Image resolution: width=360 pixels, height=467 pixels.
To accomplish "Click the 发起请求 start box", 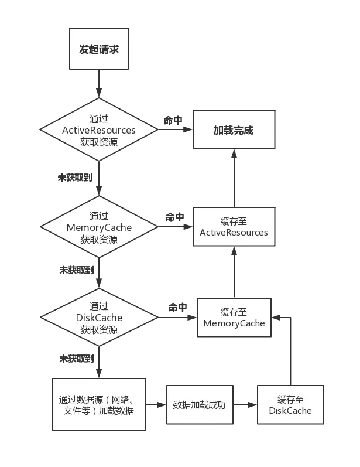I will (x=99, y=49).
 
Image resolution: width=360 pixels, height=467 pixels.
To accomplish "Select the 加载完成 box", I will (x=234, y=130).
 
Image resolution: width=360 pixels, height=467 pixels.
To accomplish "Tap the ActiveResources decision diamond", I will (x=99, y=129).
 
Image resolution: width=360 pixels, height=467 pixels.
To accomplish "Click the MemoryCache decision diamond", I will (x=99, y=227).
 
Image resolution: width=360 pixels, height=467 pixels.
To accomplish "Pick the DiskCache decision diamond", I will (x=99, y=318).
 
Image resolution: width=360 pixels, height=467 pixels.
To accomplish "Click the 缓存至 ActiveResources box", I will (x=234, y=227).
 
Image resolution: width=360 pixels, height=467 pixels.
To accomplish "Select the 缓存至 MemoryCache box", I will (x=234, y=317).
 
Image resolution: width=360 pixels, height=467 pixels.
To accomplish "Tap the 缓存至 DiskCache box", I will (x=290, y=405).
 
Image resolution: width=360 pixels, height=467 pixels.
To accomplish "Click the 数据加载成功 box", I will (x=200, y=405).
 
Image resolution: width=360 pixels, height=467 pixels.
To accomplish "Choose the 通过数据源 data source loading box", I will (x=99, y=405).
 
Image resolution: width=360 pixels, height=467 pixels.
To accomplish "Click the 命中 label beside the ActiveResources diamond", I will (x=173, y=121).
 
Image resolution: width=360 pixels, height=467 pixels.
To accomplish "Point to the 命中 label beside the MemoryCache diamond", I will (x=174, y=217).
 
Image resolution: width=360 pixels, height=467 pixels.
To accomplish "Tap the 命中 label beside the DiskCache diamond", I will (x=177, y=307).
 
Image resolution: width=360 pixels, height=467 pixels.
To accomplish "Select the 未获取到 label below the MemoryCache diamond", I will (x=76, y=270).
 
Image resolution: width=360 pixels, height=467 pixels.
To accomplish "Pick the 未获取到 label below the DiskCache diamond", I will (x=76, y=357).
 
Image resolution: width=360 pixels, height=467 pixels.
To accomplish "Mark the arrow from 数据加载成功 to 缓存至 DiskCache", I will (x=245, y=405).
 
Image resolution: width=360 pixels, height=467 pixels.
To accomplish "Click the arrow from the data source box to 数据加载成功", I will (x=156, y=405).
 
